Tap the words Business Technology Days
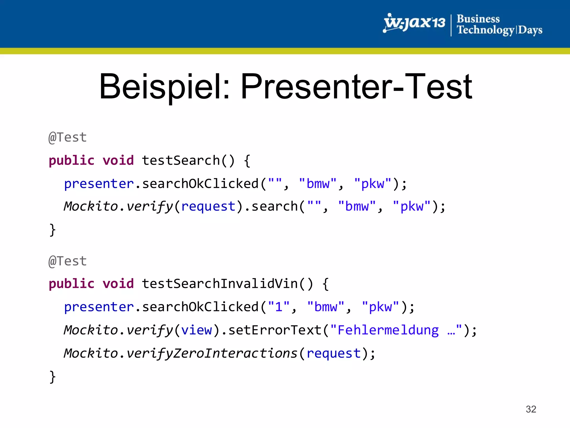tap(499, 25)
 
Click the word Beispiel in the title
tap(164, 86)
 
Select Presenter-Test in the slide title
tap(356, 86)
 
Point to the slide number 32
tap(531, 409)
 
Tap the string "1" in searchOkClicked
tap(279, 307)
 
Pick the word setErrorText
tap(275, 330)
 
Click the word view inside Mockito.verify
tap(196, 330)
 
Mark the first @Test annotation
tap(68, 137)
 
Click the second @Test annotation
tap(68, 261)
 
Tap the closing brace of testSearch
tap(52, 230)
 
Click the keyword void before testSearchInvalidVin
tap(118, 284)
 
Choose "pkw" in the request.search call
tap(412, 206)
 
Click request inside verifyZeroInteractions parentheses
tap(334, 353)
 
